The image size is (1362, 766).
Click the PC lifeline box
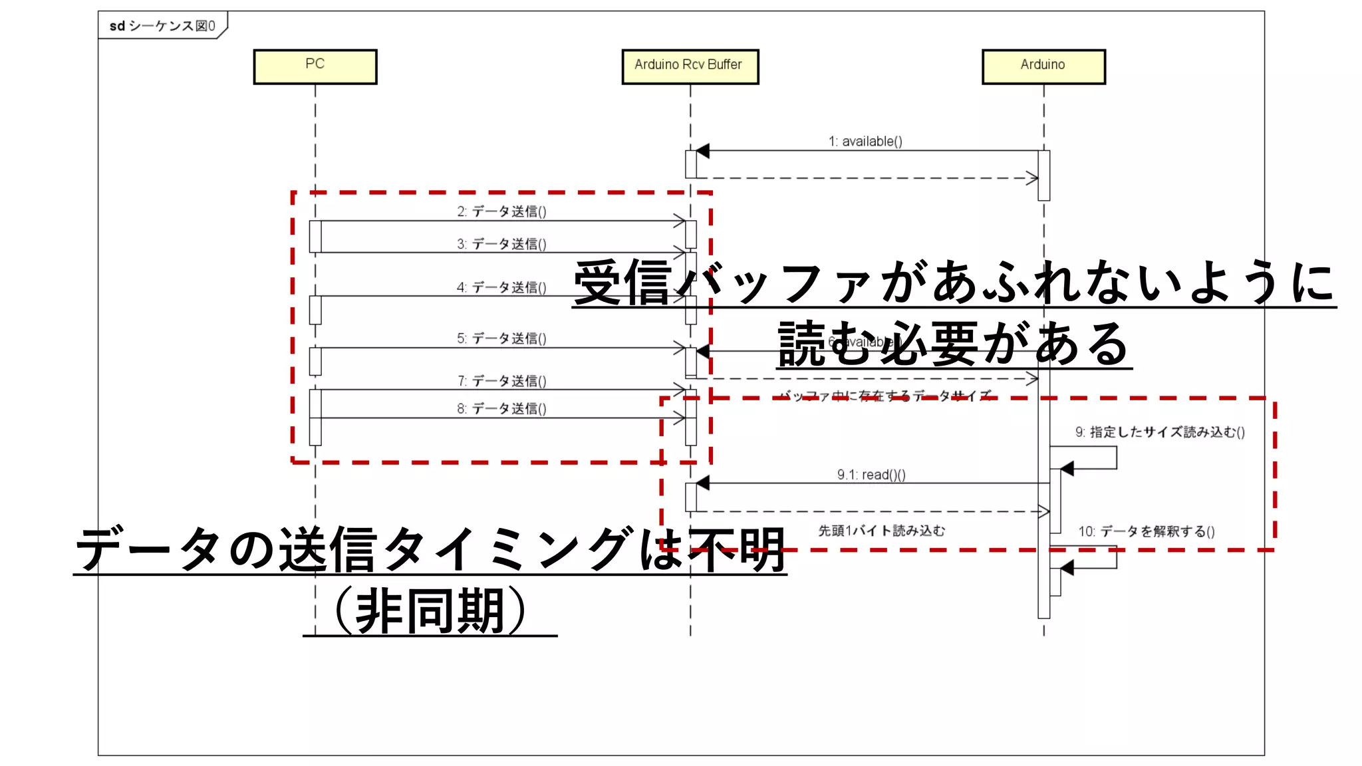click(315, 66)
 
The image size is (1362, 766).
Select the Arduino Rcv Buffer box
click(690, 66)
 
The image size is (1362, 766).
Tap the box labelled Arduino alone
click(1043, 66)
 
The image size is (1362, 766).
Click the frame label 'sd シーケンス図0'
click(162, 26)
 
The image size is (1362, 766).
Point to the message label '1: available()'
click(865, 141)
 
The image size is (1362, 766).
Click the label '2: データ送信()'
click(501, 211)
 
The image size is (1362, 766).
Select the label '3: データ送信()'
click(501, 244)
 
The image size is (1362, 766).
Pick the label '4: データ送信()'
click(501, 287)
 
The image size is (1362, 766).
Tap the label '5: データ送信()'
click(501, 338)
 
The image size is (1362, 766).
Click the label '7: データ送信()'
click(501, 381)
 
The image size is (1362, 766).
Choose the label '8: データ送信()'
click(501, 408)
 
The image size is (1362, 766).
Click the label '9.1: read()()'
click(871, 475)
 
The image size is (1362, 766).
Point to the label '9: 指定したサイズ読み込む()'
click(1160, 432)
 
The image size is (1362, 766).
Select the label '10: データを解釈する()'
click(1147, 531)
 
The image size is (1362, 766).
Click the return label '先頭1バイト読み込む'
click(881, 531)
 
